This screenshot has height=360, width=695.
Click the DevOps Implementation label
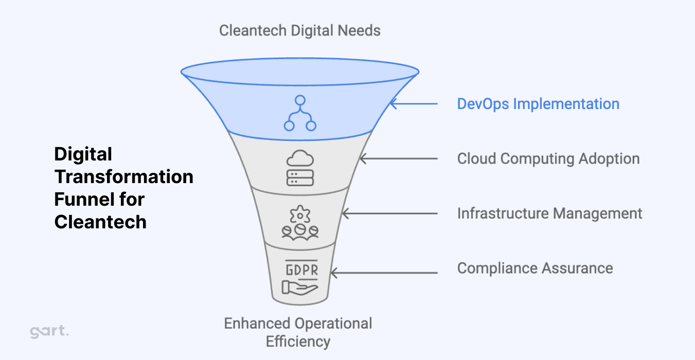pos(538,104)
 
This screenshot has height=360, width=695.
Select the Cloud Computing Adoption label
pos(548,158)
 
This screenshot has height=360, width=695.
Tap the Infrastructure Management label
pos(549,213)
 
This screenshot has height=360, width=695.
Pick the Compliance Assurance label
pos(535,268)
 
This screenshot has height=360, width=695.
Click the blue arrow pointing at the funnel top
pos(414,104)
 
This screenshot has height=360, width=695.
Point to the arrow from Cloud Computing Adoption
pos(398,158)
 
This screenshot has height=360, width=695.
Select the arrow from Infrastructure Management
pos(389,213)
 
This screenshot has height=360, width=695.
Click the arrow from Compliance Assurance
pos(383,268)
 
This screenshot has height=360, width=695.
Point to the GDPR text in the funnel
pos(301,269)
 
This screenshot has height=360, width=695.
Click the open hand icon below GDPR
pos(300,286)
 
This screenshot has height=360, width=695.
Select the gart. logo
pos(49,332)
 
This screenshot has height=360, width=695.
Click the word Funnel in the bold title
pos(80,199)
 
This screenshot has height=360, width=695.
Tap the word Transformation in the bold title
pos(124,176)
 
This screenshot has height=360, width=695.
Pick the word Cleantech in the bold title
pos(100,222)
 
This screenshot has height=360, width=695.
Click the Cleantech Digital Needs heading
pos(300,30)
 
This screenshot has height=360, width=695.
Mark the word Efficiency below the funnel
pos(298,341)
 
